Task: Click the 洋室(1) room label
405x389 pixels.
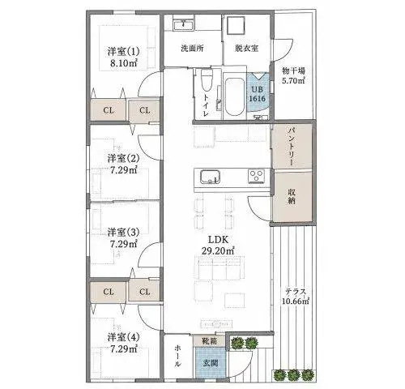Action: [123, 51]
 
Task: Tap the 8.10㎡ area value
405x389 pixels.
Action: [124, 63]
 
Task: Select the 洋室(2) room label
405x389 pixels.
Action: [123, 158]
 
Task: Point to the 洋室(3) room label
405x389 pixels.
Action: [123, 232]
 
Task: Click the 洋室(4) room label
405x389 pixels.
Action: [123, 337]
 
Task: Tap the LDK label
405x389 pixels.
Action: [218, 239]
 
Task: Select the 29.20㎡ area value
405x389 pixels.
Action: [218, 251]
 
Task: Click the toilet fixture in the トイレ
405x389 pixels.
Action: [207, 80]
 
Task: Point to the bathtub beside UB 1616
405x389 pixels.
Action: [234, 96]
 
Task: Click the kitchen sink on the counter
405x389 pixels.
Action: [210, 177]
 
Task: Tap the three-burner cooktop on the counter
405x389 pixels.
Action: [257, 176]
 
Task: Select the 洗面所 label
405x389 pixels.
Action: [192, 49]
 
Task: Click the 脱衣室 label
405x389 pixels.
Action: [247, 49]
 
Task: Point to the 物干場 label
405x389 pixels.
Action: [293, 71]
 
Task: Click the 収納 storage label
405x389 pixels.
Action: [292, 196]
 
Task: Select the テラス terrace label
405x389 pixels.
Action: [296, 292]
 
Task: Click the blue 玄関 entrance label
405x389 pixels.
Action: [211, 362]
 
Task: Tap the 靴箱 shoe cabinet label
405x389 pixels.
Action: [210, 341]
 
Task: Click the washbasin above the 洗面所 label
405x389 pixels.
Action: [184, 24]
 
